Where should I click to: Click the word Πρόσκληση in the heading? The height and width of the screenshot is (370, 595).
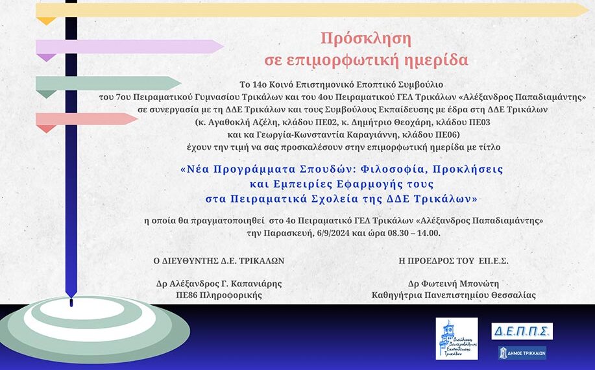pyautogui.click(x=366, y=38)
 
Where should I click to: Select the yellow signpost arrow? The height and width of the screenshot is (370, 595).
pyautogui.click(x=312, y=10)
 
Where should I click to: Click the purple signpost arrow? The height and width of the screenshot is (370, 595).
pyautogui.click(x=129, y=47)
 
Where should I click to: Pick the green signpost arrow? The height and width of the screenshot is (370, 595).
pyautogui.click(x=108, y=84)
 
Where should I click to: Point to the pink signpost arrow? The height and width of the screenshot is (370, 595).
pyautogui.click(x=86, y=119)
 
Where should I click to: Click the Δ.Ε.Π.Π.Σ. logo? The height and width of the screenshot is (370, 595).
pyautogui.click(x=522, y=331)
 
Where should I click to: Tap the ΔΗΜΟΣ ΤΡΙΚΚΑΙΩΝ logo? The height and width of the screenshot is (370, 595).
pyautogui.click(x=522, y=353)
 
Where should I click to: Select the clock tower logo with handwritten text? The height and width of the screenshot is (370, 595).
pyautogui.click(x=457, y=338)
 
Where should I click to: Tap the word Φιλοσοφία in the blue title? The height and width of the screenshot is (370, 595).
pyautogui.click(x=395, y=169)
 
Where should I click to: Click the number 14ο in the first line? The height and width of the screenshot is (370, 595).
pyautogui.click(x=252, y=84)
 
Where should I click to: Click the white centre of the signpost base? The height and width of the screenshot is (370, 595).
pyautogui.click(x=81, y=310)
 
